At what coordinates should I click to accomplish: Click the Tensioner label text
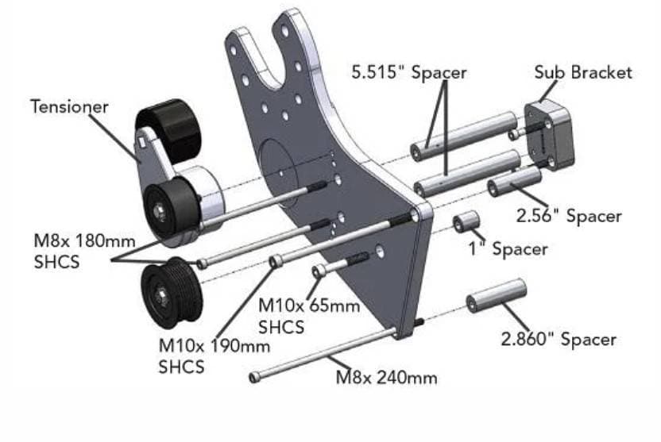pyautogui.click(x=69, y=106)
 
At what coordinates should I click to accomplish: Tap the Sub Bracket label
pyautogui.click(x=583, y=72)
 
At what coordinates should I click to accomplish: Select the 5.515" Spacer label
pyautogui.click(x=408, y=72)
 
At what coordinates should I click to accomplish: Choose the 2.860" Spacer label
pyautogui.click(x=558, y=339)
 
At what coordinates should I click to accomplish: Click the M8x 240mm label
pyautogui.click(x=386, y=377)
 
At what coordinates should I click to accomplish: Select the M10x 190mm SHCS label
pyautogui.click(x=215, y=356)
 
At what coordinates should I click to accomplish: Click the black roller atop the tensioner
pyautogui.click(x=168, y=127)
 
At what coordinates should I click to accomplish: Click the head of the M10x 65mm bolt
pyautogui.click(x=319, y=272)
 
